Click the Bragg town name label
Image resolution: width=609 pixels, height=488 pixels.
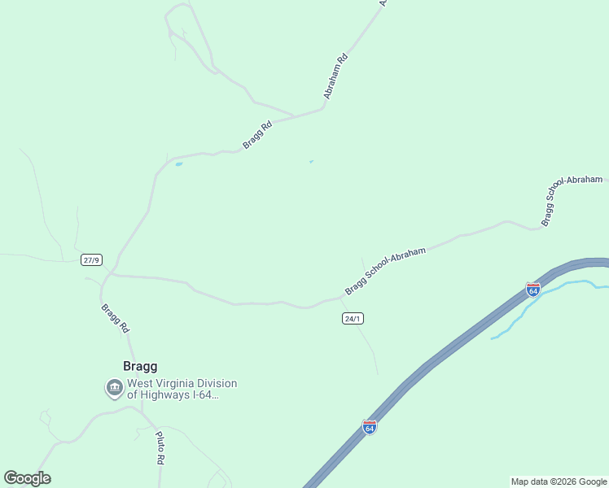140,366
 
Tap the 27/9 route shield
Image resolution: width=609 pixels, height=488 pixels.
91,260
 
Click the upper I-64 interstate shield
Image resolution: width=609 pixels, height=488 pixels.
533,290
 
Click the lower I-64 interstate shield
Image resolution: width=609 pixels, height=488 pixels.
370,427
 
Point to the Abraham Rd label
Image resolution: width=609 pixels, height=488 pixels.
335,76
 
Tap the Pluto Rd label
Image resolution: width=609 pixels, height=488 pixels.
160,448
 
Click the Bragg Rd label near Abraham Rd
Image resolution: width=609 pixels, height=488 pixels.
257,135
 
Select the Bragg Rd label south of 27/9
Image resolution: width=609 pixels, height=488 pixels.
115,319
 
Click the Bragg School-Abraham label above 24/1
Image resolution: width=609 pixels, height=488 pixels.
385,272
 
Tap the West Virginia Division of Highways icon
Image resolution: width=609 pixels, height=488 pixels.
115,389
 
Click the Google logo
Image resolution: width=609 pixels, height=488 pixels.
27,478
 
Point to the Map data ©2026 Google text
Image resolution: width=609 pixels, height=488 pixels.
559,481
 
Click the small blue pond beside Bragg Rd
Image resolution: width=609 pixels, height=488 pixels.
178,164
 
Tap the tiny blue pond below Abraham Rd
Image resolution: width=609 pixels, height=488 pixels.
310,161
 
